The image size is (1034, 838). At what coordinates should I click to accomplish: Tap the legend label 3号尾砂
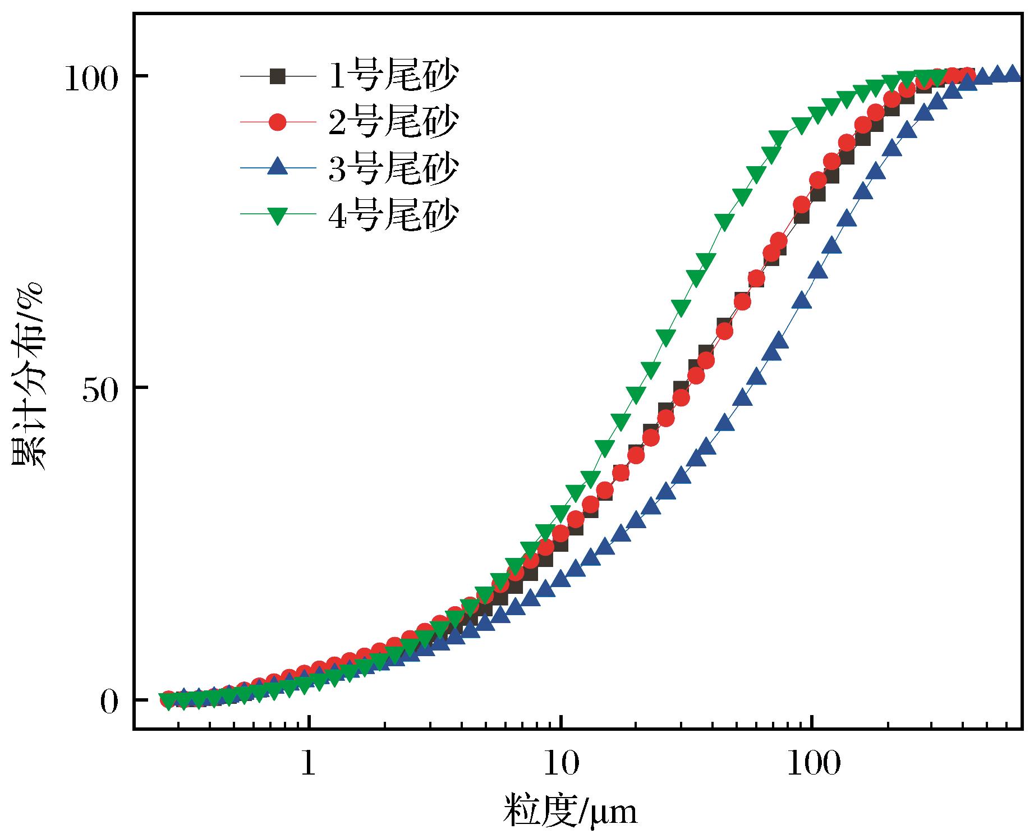(x=393, y=168)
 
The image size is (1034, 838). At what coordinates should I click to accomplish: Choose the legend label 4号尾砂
(x=393, y=214)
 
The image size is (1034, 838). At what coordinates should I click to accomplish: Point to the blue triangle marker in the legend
(x=277, y=168)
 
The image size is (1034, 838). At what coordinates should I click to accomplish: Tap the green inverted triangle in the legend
(x=277, y=215)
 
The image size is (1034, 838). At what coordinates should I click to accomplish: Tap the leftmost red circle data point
(x=167, y=699)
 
